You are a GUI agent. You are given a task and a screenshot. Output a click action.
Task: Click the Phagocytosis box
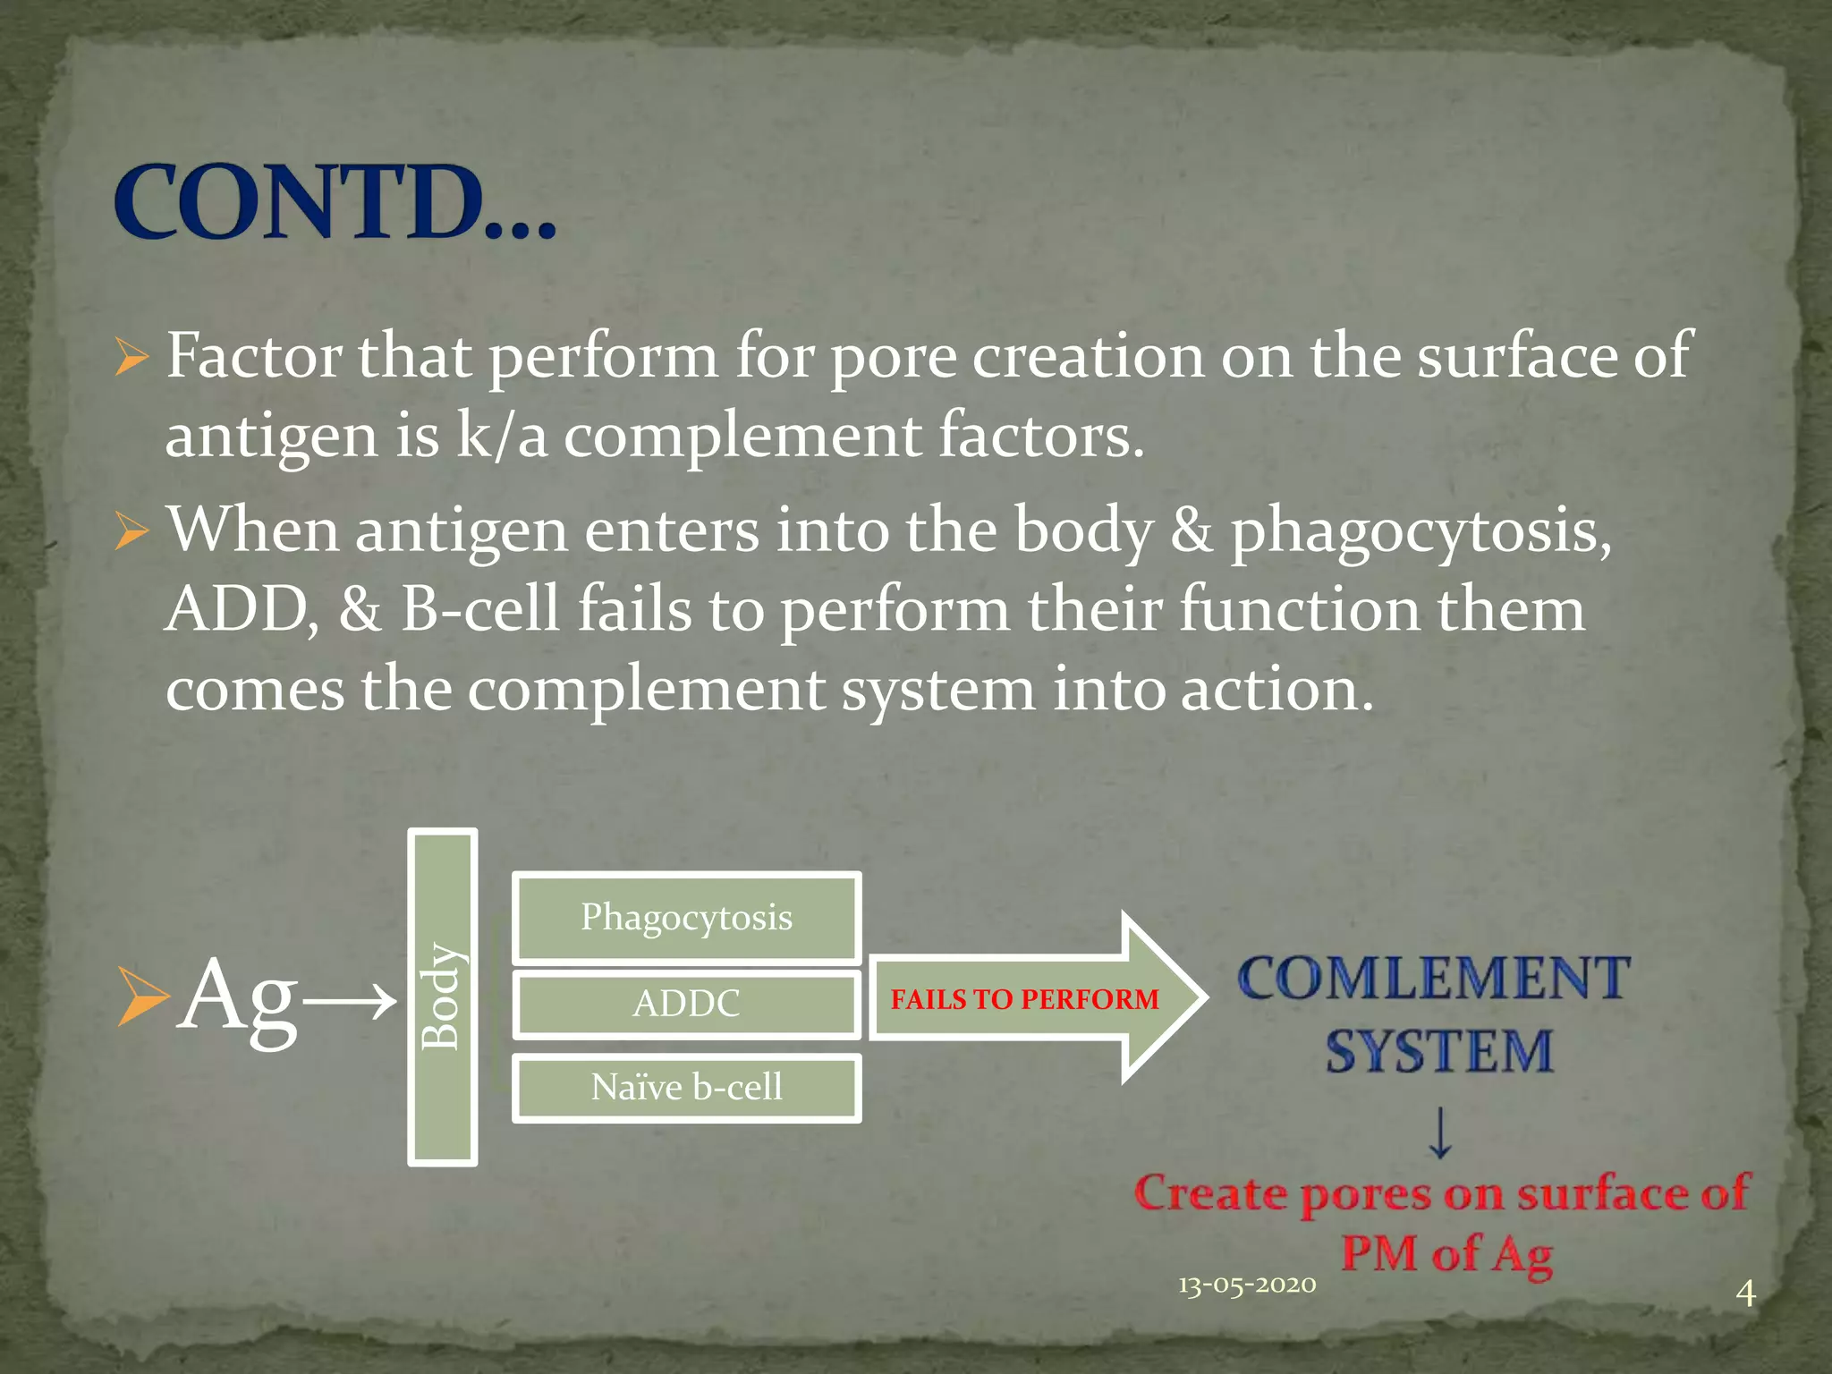[686, 918]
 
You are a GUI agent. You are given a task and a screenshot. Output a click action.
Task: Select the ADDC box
[686, 1004]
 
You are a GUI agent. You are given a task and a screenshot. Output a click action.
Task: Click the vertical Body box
[442, 997]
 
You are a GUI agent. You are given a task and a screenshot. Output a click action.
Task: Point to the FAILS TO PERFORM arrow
[1025, 998]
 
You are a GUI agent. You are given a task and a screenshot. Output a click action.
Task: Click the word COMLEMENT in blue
[1434, 978]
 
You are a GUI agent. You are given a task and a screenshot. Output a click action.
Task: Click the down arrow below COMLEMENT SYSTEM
[1439, 1132]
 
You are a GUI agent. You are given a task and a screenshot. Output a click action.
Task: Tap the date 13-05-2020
[1247, 1285]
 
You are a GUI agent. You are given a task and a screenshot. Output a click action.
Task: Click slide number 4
[1745, 1293]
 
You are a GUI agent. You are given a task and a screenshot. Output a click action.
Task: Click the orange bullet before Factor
[131, 359]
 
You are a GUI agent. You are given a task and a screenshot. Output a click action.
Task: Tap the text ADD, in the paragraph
[242, 610]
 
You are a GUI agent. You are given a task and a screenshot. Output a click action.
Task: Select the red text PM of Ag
[1446, 1253]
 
